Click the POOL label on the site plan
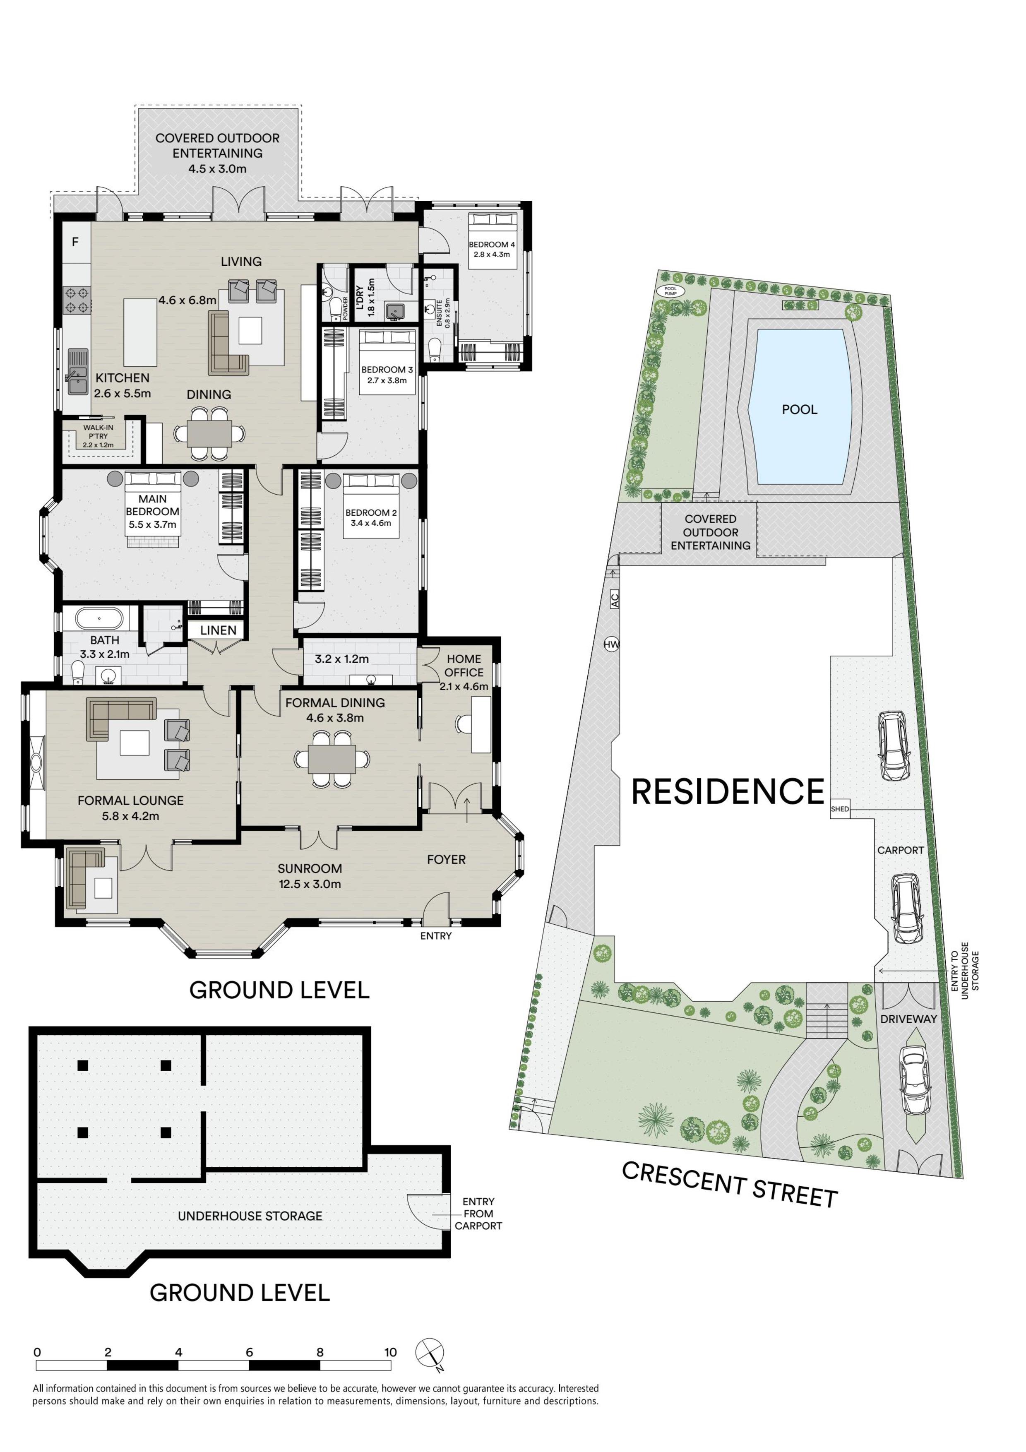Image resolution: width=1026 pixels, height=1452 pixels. click(800, 409)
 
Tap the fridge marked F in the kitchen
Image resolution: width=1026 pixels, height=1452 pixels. click(76, 242)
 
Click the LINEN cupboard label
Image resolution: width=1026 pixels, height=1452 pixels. click(218, 630)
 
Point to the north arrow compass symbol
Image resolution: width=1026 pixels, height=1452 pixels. click(429, 1353)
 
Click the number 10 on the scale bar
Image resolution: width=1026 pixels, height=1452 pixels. click(391, 1352)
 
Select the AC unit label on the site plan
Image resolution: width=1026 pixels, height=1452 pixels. click(615, 599)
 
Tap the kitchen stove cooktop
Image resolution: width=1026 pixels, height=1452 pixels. click(77, 300)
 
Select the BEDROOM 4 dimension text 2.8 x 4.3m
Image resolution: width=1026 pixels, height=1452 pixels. click(492, 254)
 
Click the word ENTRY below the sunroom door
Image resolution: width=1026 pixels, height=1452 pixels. click(435, 936)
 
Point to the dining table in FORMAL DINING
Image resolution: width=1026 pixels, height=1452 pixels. click(332, 758)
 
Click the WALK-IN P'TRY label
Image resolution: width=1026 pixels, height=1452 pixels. click(99, 432)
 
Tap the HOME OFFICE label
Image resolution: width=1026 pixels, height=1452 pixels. click(464, 665)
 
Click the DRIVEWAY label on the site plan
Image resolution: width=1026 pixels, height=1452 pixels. click(908, 1019)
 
